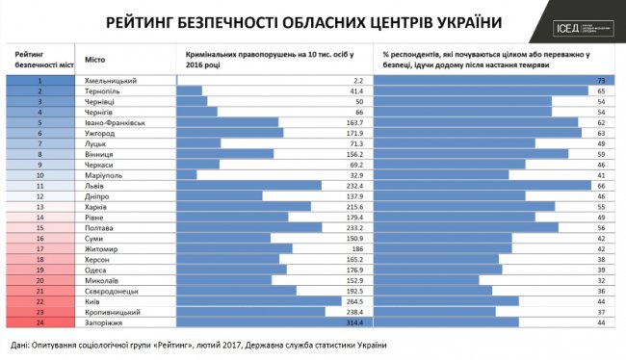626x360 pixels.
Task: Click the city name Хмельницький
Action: click(x=114, y=81)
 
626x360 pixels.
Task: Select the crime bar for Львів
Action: click(x=249, y=186)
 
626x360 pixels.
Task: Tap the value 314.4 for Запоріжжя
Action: click(x=344, y=324)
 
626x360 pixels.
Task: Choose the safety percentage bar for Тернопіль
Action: click(x=481, y=92)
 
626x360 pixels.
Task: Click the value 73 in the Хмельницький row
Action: click(x=600, y=81)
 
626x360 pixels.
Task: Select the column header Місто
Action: click(x=96, y=59)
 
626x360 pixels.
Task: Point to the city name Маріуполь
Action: click(x=106, y=174)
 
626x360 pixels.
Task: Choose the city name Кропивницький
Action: click(x=116, y=313)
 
